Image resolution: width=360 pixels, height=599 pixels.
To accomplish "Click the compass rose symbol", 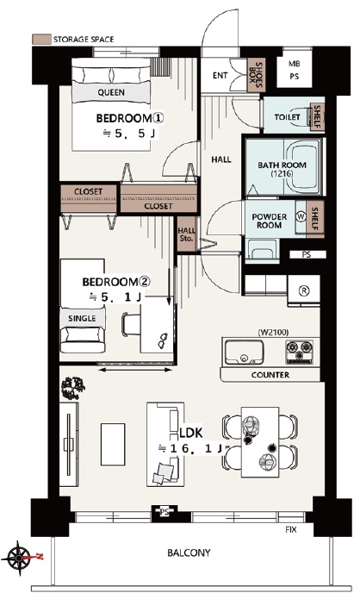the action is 19,558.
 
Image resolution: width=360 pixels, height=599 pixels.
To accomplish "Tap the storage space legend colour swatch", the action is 41,39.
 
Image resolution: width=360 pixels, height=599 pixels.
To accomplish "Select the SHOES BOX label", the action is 256,74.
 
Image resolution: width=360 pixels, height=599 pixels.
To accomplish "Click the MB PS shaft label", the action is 294,71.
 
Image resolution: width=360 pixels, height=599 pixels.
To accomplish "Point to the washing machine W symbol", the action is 301,216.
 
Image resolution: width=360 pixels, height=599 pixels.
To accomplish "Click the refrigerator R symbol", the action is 304,290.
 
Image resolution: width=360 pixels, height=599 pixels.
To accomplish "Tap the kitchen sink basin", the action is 244,352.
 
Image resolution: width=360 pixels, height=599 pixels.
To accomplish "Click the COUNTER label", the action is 270,375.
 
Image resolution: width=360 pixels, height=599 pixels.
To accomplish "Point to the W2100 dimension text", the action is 273,333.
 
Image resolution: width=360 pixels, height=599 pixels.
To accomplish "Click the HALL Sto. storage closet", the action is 187,234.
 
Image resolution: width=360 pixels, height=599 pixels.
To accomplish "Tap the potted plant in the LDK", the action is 72,387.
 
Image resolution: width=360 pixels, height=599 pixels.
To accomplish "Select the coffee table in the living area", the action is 113,444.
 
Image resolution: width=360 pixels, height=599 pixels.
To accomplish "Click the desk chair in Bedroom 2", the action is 131,324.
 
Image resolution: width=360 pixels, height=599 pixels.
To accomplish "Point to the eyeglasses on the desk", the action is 163,340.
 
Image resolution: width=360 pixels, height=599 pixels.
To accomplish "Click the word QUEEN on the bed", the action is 111,92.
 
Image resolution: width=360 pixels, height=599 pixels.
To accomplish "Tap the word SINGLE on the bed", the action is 82,318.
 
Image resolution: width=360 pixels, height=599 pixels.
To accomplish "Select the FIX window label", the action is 291,529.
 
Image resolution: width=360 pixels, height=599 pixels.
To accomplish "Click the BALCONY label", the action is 189,552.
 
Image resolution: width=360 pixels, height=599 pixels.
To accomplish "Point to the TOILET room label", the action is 288,116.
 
